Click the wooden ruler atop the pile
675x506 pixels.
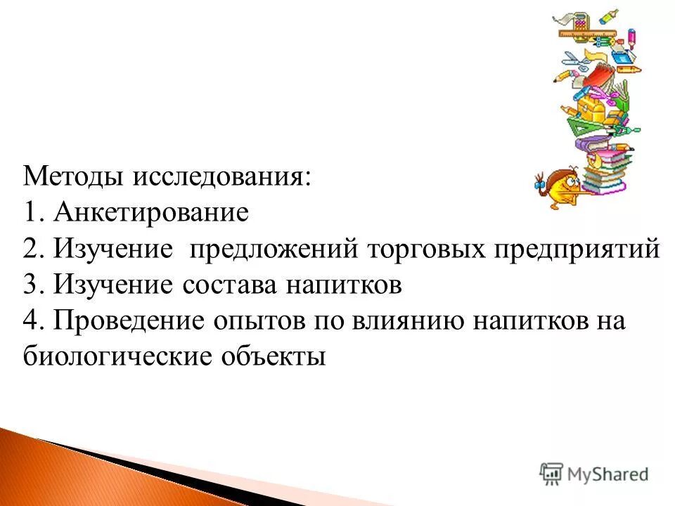pos(586,31)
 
